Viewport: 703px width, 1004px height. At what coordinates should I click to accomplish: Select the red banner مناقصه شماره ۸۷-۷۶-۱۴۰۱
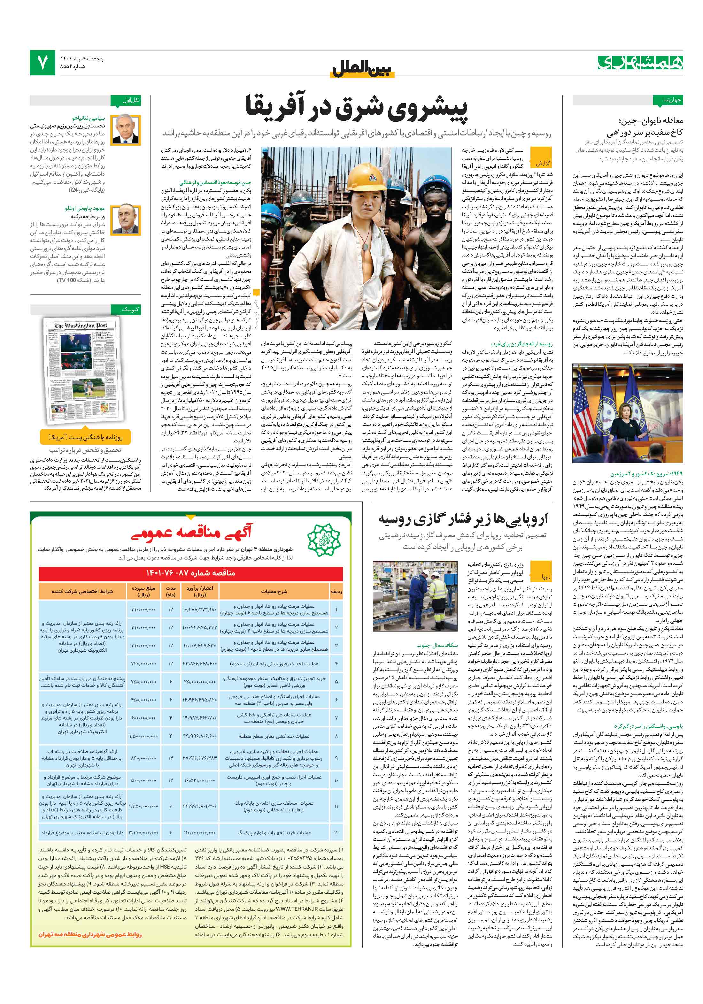191,573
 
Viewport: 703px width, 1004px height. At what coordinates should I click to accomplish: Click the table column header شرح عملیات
274,592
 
